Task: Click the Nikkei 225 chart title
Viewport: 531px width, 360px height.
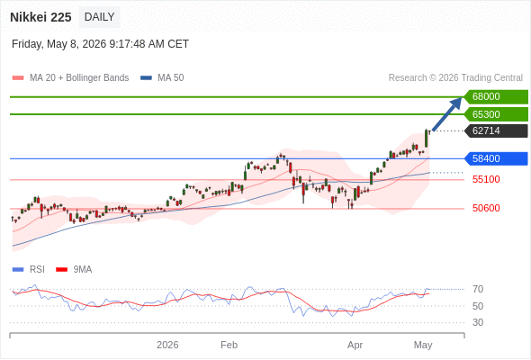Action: tap(40, 17)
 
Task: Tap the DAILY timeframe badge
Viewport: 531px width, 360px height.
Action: tap(99, 17)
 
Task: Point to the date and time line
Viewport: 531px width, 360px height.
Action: tap(100, 44)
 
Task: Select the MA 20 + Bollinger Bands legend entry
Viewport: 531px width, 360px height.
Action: tap(70, 78)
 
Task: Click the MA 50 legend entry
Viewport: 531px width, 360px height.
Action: tap(162, 78)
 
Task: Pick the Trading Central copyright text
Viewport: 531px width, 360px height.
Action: tap(455, 78)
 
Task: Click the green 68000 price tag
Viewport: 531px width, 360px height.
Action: tap(496, 97)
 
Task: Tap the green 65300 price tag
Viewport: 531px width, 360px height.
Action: tap(496, 114)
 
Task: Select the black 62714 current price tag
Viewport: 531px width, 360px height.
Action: tap(496, 130)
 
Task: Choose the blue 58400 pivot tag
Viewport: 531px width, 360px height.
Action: tap(496, 158)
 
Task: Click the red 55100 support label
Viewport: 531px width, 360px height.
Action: tap(486, 179)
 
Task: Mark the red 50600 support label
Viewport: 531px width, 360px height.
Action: tap(486, 208)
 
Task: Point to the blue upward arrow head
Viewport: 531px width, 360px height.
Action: tap(457, 103)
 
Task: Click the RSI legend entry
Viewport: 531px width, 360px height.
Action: tap(29, 270)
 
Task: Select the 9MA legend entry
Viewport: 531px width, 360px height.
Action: tap(74, 270)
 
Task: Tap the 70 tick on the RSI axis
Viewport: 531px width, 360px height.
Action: tap(478, 289)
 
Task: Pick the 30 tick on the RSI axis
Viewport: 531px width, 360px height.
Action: tap(478, 322)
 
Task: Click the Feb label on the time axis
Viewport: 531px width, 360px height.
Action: tap(229, 345)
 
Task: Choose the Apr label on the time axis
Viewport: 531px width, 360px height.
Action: tap(355, 345)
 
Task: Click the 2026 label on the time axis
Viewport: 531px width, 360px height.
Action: tap(167, 345)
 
